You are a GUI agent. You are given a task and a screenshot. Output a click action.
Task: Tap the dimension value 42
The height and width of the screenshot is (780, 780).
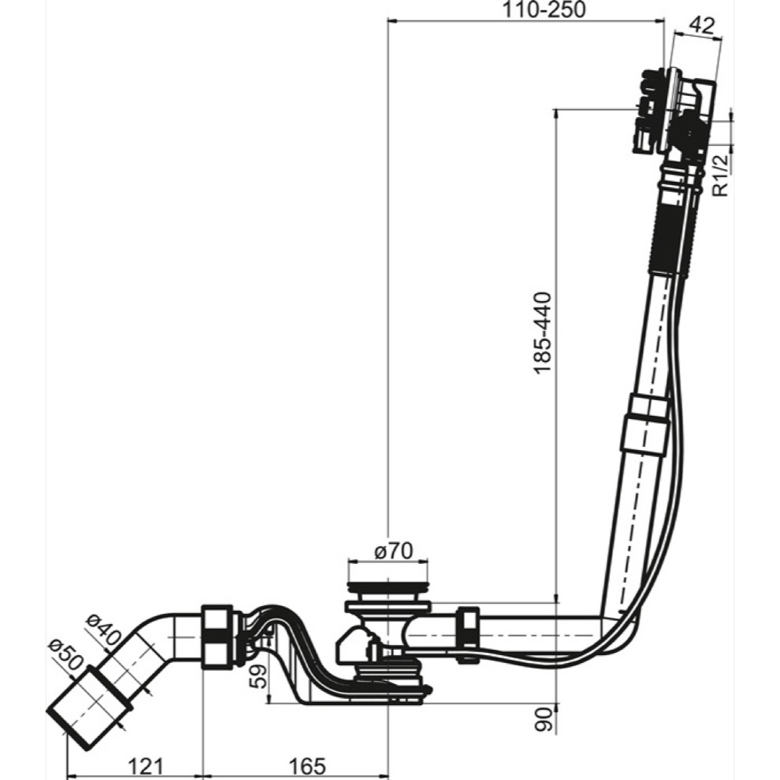point(702,26)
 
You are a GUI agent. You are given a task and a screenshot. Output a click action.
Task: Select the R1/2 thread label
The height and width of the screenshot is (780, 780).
point(721,175)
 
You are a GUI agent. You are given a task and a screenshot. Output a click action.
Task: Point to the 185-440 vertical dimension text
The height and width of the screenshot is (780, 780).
point(542,332)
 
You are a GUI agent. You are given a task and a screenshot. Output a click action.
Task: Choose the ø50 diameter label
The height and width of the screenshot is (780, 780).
point(66,654)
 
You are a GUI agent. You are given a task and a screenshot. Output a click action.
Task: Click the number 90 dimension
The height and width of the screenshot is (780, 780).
point(544,718)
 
